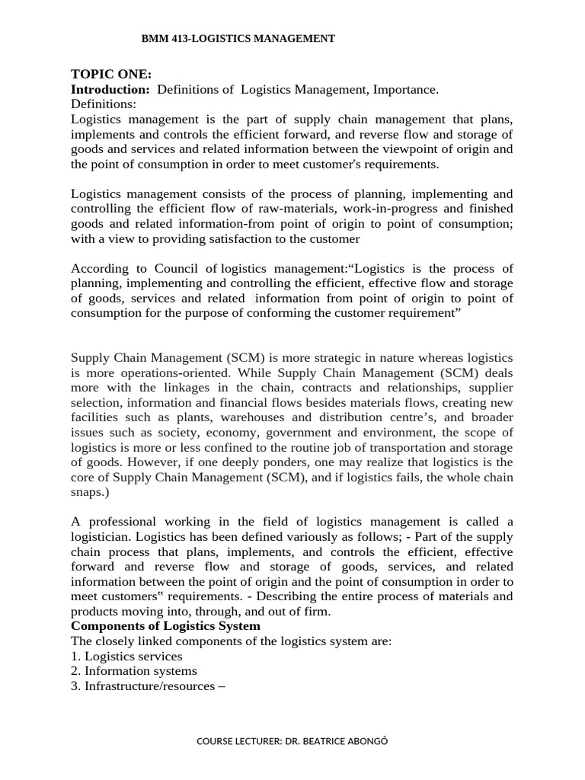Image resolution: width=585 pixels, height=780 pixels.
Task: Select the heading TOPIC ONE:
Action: click(x=111, y=74)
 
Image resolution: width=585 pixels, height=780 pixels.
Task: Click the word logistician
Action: click(x=102, y=537)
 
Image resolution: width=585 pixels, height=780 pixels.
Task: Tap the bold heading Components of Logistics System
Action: click(x=165, y=626)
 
